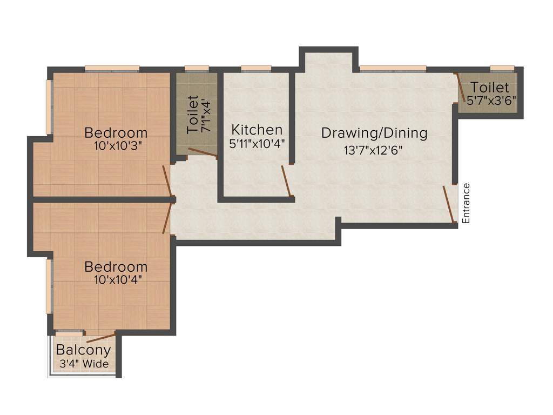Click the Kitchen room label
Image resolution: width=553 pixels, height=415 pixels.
coord(257,130)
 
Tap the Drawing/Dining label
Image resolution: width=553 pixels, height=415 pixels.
coord(374,133)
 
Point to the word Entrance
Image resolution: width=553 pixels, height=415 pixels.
coord(466,203)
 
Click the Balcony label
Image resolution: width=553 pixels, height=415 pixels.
coord(83,350)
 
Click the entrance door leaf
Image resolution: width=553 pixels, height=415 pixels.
coord(448,204)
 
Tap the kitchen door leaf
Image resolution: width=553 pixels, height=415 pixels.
coord(286,180)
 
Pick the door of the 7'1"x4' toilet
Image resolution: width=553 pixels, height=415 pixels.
coord(202,153)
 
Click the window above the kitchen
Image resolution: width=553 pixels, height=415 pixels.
coord(255,69)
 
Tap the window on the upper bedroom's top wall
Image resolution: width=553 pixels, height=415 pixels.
coord(112,69)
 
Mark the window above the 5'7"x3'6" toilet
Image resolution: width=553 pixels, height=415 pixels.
coord(501,69)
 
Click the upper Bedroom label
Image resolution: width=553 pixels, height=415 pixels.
coord(116,132)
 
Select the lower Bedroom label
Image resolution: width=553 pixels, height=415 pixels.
coord(116,267)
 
